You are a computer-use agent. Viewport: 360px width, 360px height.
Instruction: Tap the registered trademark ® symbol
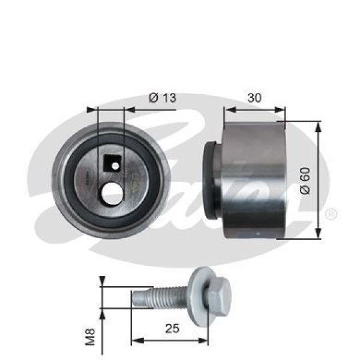click(x=330, y=214)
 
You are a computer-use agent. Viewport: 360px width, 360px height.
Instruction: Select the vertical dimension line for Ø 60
click(x=318, y=180)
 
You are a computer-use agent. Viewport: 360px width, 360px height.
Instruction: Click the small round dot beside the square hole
click(x=119, y=160)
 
